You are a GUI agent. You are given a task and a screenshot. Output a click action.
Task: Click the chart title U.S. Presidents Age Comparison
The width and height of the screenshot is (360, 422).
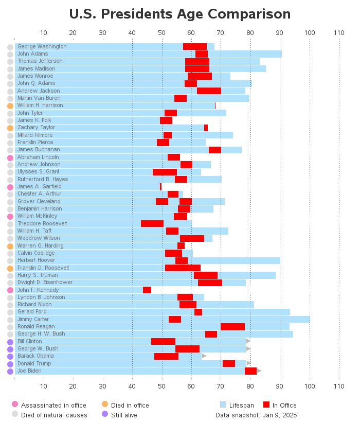179,14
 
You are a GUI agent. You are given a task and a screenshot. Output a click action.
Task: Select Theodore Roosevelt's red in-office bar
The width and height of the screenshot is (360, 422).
152,223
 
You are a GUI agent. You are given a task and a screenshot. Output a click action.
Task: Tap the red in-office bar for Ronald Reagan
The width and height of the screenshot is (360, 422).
232,327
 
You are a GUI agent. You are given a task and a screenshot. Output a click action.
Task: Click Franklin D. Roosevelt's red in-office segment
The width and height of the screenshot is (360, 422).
183,268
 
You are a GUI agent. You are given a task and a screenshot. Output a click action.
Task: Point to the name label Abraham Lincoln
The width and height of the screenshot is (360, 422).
39,157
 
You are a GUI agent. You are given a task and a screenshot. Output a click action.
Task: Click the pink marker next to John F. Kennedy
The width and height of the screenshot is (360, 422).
10,290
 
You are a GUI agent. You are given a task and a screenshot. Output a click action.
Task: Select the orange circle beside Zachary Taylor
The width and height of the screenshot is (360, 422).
10,128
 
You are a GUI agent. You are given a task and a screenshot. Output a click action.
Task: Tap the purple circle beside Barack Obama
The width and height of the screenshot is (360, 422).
10,357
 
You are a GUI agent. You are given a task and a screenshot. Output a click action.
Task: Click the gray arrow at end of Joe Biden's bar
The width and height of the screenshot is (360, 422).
259,371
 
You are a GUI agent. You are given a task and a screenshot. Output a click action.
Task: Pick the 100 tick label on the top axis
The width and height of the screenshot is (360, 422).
310,33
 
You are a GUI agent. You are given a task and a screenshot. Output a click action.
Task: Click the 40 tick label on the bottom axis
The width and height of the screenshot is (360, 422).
132,386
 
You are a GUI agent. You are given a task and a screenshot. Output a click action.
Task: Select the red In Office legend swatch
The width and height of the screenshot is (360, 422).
266,405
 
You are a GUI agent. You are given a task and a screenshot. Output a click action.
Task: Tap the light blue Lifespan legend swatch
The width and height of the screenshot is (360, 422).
223,405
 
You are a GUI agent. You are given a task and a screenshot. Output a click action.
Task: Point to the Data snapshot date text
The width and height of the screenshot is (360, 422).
256,415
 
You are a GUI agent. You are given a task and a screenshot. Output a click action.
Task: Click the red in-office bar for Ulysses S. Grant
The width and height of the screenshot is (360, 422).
165,172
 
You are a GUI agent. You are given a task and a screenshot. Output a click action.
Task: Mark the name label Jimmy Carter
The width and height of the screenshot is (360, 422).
34,320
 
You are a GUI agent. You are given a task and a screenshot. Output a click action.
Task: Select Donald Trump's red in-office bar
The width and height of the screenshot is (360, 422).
229,363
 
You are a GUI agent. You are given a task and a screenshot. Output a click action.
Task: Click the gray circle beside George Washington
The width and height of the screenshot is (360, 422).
10,47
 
